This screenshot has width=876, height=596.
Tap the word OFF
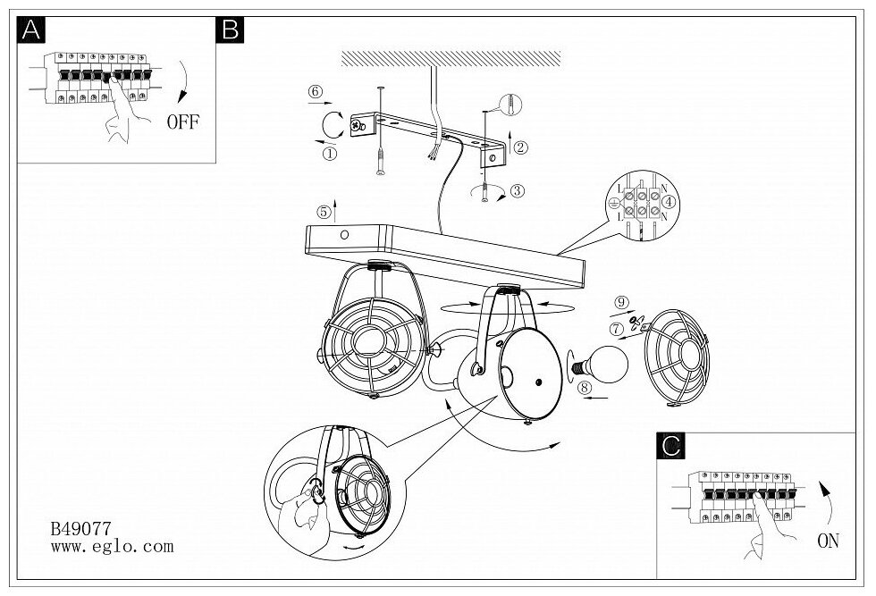(183, 122)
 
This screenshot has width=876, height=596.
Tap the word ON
(828, 540)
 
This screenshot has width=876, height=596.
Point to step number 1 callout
(330, 153)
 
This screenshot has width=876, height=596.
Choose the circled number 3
(518, 189)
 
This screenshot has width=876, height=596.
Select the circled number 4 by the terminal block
(671, 203)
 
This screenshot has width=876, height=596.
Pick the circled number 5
(323, 212)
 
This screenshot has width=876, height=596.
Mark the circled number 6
(314, 91)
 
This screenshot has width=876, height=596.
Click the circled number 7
(616, 329)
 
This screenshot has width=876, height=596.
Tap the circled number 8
(585, 387)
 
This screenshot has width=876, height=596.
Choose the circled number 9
(622, 302)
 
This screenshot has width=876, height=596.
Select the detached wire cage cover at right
(677, 355)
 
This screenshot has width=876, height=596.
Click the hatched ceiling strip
(451, 58)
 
